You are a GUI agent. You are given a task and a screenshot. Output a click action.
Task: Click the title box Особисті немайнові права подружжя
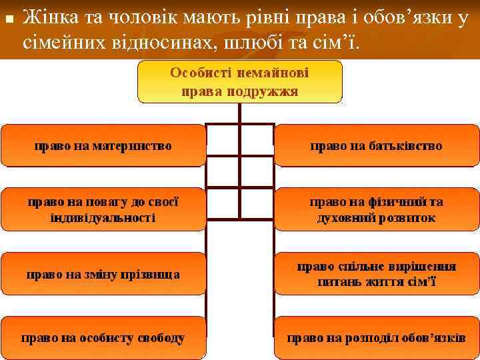(239, 81)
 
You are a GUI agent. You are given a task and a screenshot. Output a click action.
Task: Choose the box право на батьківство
(376, 145)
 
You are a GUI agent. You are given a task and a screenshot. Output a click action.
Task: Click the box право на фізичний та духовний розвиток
(376, 209)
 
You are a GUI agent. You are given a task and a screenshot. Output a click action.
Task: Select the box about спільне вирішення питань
(376, 273)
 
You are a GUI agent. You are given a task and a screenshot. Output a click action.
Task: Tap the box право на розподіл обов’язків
(376, 337)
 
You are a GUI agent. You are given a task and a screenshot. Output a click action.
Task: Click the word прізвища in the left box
(151, 274)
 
